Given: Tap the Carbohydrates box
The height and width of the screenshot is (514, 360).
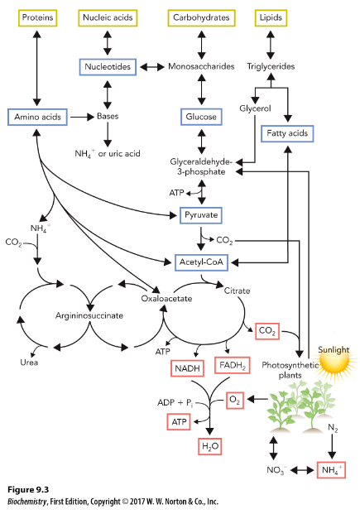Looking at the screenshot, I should (201, 17).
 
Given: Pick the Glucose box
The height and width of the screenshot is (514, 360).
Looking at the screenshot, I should (201, 117).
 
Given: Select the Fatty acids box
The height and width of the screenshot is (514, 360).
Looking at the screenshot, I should (287, 132).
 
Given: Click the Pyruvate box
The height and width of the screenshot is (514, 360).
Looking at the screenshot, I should (201, 215).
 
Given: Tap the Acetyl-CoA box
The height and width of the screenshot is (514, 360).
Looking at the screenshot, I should (201, 262).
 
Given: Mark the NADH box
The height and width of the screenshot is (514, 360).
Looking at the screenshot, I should (188, 367).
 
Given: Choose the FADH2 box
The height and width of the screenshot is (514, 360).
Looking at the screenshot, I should (232, 365).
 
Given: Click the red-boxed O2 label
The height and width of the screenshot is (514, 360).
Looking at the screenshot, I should (237, 400).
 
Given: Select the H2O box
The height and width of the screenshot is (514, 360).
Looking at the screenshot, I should (213, 447).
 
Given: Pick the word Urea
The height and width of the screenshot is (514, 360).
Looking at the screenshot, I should (29, 362).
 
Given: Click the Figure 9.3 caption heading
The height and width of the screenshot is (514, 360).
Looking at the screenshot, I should (30, 490).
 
